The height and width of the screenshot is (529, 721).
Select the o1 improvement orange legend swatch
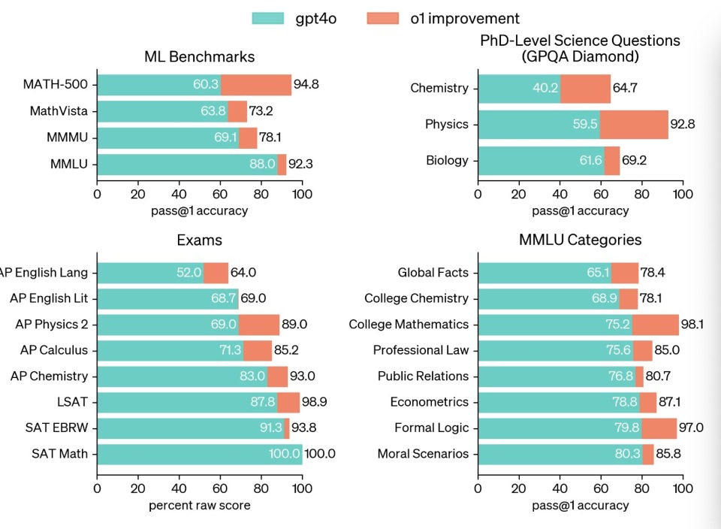click(384, 18)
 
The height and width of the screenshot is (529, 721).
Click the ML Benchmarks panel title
click(199, 56)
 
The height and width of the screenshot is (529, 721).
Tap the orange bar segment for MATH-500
click(256, 85)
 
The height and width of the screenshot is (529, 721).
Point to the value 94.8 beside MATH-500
click(306, 84)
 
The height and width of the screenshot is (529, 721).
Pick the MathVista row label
click(59, 111)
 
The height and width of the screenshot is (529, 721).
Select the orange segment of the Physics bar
click(634, 124)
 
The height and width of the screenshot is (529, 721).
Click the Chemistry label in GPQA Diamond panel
click(439, 88)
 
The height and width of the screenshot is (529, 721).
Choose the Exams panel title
click(199, 240)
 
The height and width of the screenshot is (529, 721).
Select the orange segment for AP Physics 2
click(258, 325)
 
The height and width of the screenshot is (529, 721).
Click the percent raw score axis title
click(199, 505)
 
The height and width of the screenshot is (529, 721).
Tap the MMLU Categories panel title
click(580, 240)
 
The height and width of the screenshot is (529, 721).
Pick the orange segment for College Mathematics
click(655, 325)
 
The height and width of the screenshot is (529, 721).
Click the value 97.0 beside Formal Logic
click(691, 428)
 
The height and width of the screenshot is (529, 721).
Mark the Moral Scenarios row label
click(423, 454)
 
